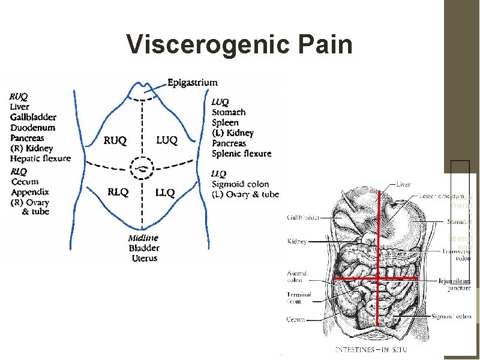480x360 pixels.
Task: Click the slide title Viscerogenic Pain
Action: [239, 44]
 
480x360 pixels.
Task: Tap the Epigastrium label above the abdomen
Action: [193, 82]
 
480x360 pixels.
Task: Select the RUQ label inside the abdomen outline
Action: [115, 141]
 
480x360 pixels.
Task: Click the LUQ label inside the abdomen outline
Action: [167, 140]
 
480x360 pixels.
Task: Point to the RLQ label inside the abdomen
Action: [118, 192]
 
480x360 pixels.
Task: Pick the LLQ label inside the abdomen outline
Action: [164, 193]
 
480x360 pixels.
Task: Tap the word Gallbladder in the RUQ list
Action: [32, 117]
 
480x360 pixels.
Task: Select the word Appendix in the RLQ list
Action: [30, 192]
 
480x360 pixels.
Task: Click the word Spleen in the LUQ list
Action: [225, 122]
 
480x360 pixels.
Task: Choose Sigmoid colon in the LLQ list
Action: [240, 184]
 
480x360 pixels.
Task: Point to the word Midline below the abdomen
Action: [143, 238]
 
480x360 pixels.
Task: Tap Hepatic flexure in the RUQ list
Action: [40, 158]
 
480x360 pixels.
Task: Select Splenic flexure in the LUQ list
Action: [241, 153]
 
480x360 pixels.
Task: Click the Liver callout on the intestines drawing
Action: [403, 185]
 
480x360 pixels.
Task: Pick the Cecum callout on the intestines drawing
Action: [296, 320]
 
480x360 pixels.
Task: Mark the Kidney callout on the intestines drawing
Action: [297, 241]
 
